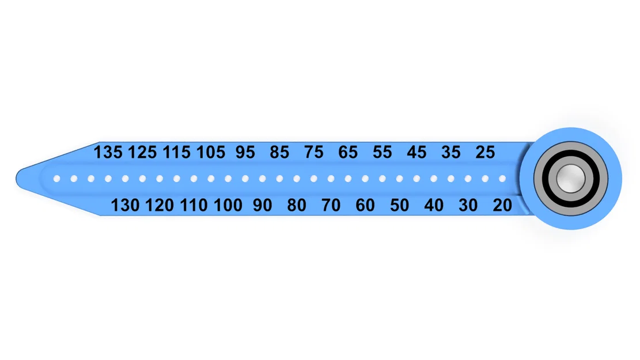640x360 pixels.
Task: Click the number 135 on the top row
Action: (x=108, y=152)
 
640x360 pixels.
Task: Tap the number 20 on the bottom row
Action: (x=502, y=205)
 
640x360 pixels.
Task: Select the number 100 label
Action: (x=228, y=205)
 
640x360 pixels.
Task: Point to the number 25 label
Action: (x=485, y=152)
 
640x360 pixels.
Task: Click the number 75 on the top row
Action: (x=313, y=152)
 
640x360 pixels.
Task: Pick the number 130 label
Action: (x=125, y=205)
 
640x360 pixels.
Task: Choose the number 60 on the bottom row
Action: (x=365, y=205)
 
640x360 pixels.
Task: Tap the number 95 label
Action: (x=245, y=152)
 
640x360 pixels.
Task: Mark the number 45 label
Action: (x=416, y=152)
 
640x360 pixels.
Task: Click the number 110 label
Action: (x=194, y=205)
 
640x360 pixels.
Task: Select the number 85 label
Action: (x=279, y=152)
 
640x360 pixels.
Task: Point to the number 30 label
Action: (x=468, y=205)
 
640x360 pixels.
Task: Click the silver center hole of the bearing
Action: (x=571, y=179)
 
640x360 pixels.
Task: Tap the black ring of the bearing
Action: (x=571, y=153)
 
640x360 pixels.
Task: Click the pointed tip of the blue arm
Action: (x=16, y=179)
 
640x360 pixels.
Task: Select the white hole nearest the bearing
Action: (x=502, y=179)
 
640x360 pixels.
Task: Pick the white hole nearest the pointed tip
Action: (x=56, y=179)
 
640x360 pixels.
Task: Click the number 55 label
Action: (x=382, y=152)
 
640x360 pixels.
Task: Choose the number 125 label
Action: (x=142, y=152)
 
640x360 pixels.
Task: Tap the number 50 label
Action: (x=399, y=205)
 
